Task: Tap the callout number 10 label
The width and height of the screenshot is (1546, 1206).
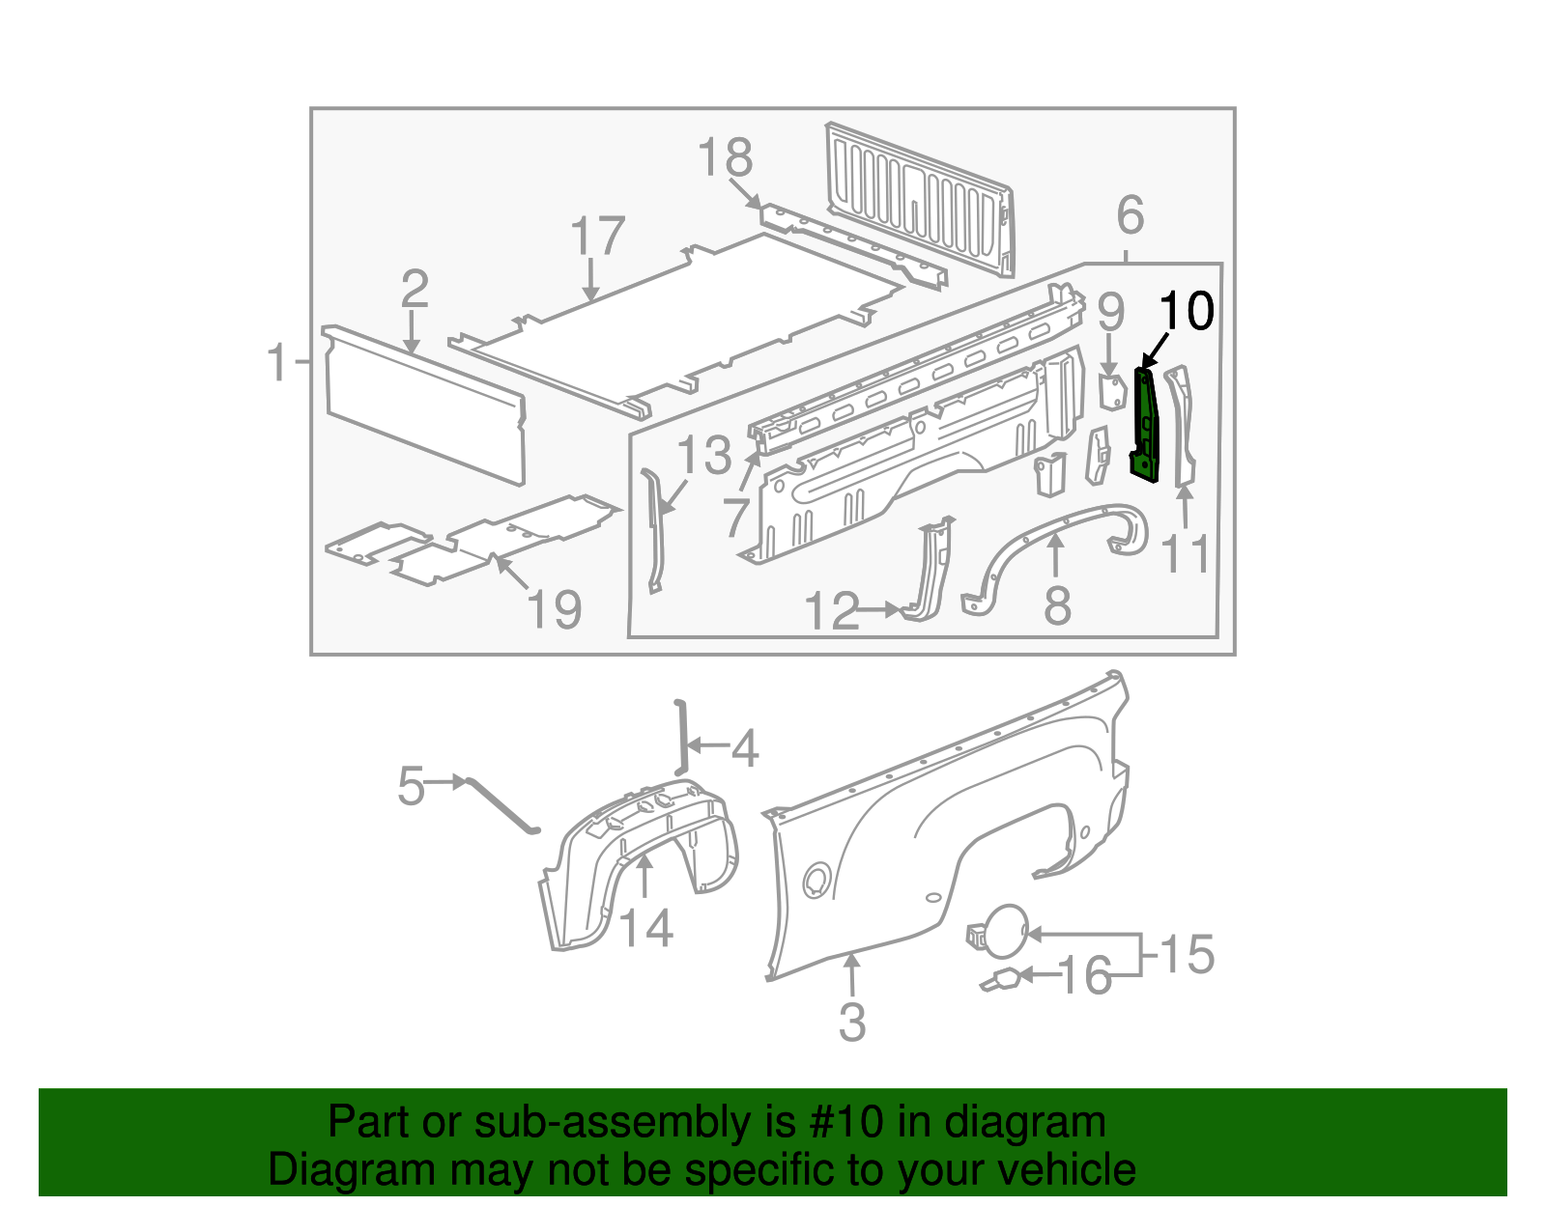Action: [x=1186, y=311]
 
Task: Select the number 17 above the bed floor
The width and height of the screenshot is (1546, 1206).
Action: [x=597, y=237]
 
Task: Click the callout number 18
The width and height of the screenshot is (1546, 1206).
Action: [x=725, y=157]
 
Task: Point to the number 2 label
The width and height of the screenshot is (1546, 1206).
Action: [x=414, y=289]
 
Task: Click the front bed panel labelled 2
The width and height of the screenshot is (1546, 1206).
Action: [x=425, y=406]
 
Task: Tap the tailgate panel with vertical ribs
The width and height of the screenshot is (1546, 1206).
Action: [x=918, y=198]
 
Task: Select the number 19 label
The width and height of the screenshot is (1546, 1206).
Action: [x=555, y=609]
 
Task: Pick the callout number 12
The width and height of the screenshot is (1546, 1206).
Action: [x=831, y=611]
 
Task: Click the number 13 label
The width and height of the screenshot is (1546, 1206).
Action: [x=704, y=455]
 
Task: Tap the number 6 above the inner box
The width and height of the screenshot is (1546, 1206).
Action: [x=1130, y=215]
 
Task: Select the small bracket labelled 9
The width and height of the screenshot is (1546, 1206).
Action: [x=1112, y=390]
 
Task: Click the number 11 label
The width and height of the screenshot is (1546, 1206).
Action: [x=1185, y=554]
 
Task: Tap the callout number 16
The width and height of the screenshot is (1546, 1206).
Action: [x=1085, y=976]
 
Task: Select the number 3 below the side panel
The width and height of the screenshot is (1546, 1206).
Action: [x=851, y=1022]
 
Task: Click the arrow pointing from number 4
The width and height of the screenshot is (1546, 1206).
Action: [x=705, y=746]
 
